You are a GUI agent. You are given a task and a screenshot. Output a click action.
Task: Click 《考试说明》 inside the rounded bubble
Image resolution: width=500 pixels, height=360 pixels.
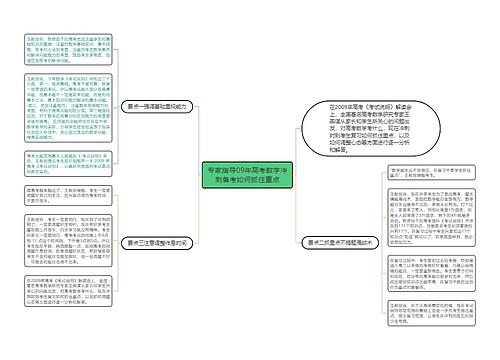pyautogui.click(x=387, y=106)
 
